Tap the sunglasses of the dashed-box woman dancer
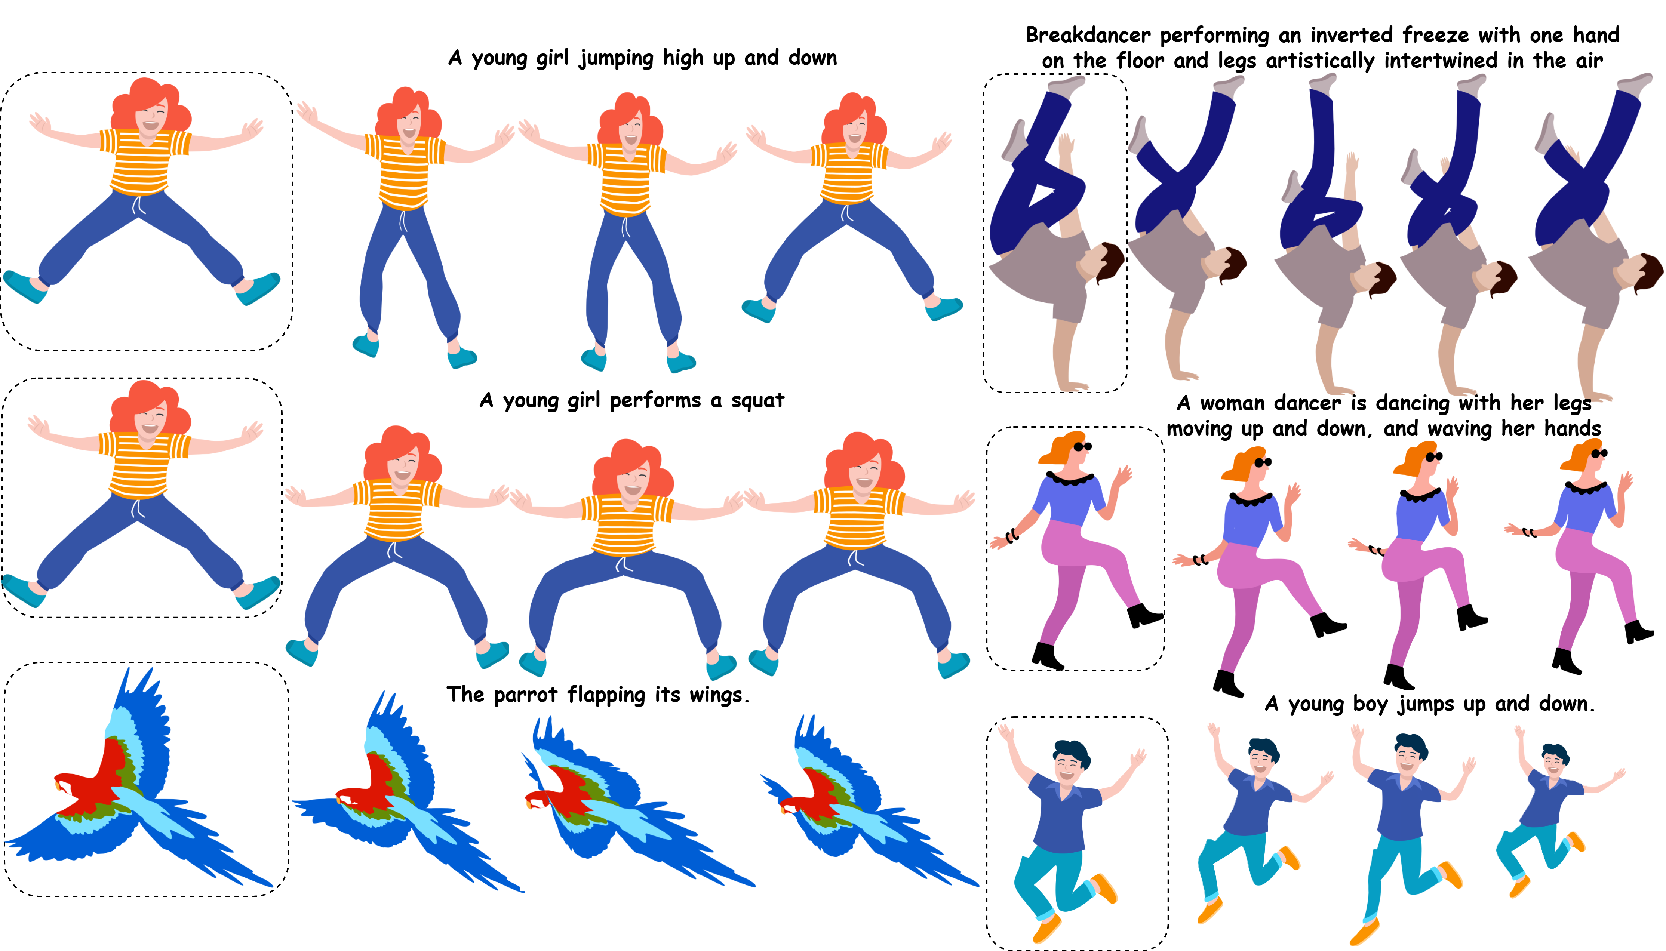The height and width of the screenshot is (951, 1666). (1082, 447)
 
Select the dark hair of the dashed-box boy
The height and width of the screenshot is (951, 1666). (1072, 751)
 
